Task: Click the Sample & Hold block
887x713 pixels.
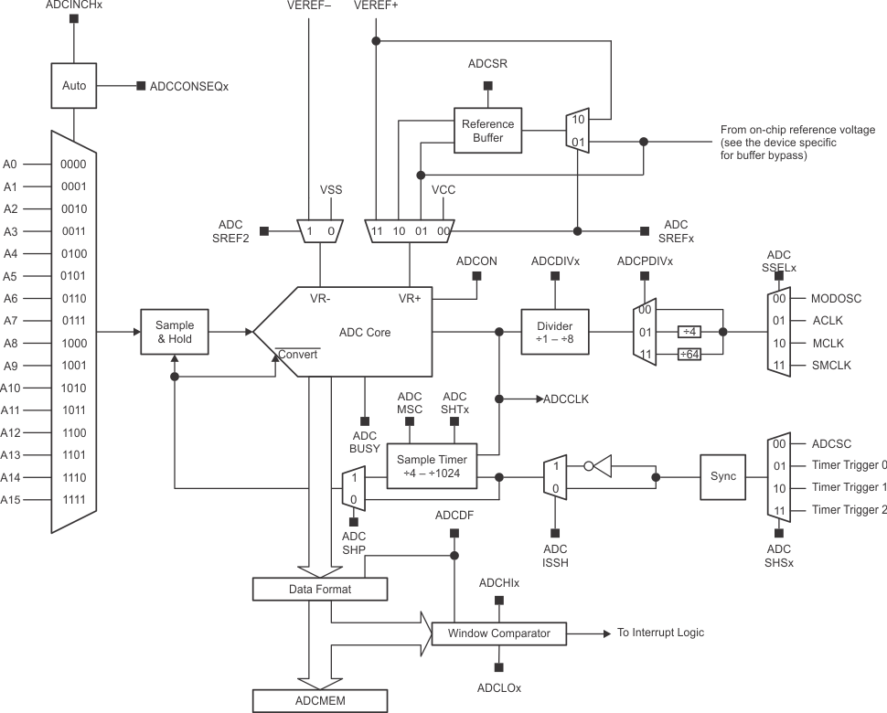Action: (x=175, y=332)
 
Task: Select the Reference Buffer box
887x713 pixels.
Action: (x=487, y=131)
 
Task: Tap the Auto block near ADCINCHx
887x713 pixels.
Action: (x=74, y=86)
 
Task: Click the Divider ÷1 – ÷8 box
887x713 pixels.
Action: (x=555, y=332)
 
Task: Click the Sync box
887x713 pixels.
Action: (x=723, y=477)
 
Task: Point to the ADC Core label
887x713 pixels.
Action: (x=365, y=332)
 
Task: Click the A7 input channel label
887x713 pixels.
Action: (x=10, y=321)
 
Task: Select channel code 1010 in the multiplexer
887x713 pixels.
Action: (x=73, y=388)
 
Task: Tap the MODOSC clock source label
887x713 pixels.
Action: (x=836, y=298)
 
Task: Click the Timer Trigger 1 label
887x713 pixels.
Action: (x=849, y=487)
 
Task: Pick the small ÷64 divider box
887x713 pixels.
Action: (x=690, y=355)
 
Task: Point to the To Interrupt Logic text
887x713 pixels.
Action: (x=660, y=633)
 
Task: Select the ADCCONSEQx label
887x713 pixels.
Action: (x=188, y=86)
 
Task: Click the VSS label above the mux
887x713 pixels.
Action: (x=330, y=190)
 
